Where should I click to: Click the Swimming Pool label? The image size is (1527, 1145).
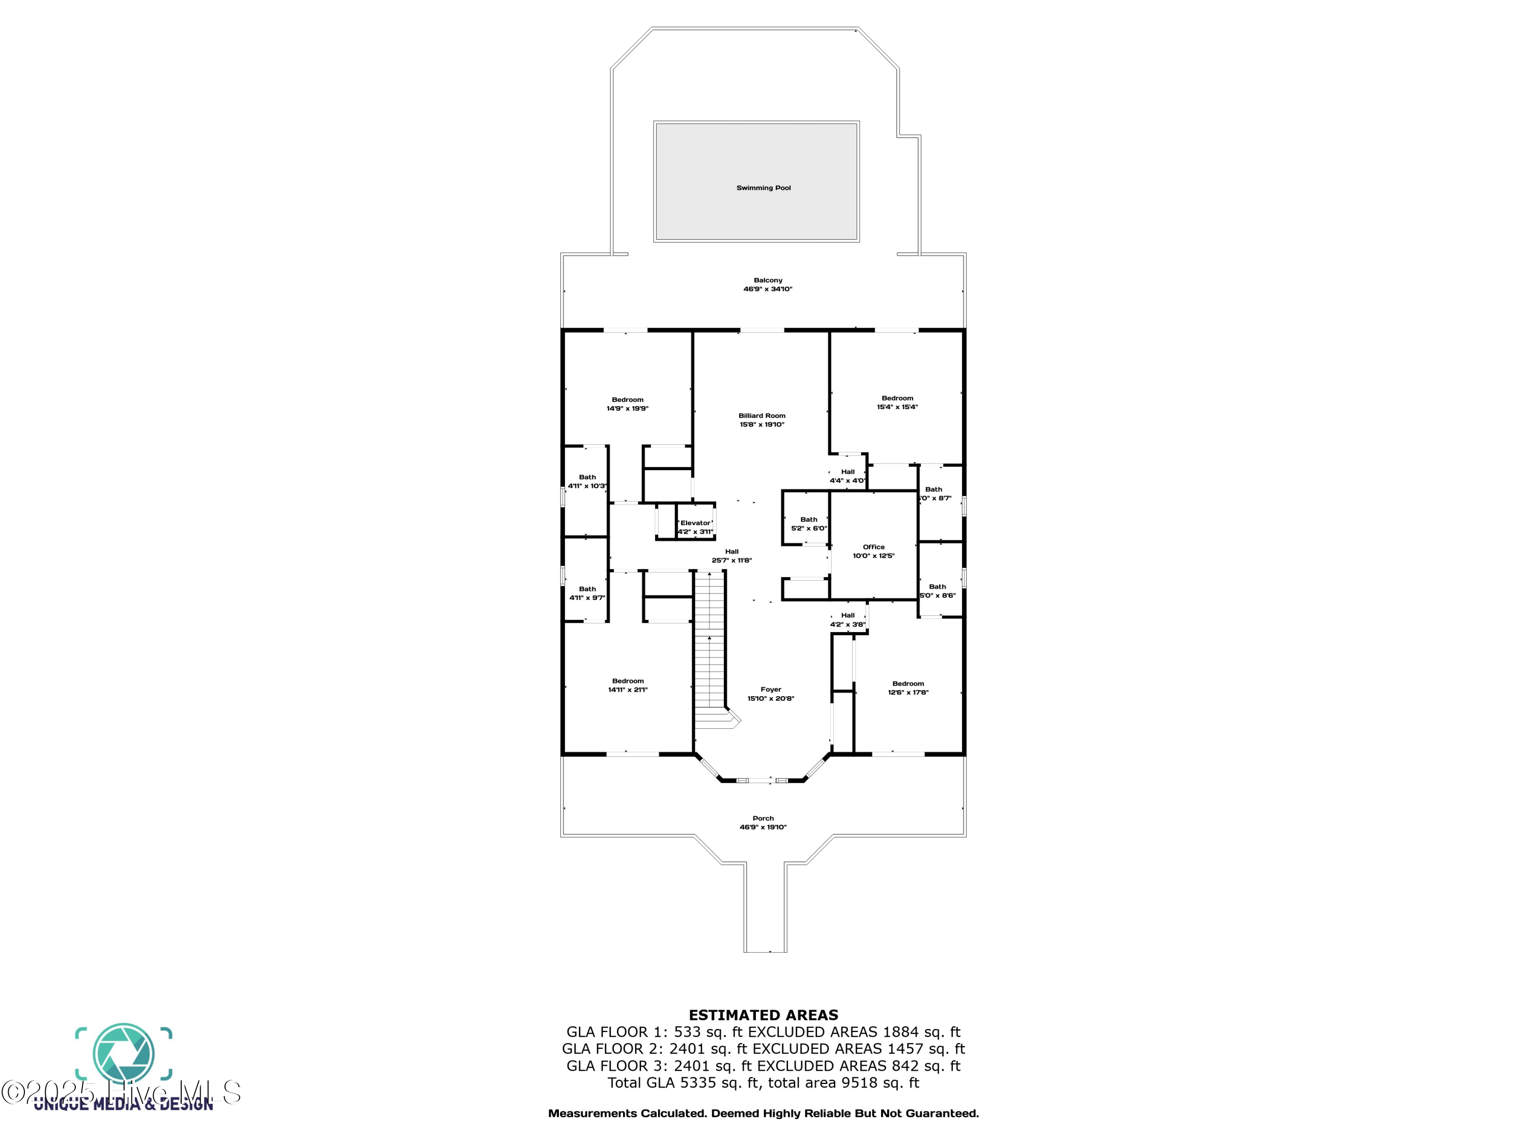[x=763, y=188]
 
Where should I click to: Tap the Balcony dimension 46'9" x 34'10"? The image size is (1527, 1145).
[x=768, y=289]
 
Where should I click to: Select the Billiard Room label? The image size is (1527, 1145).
[x=761, y=415]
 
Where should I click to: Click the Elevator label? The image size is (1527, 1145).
[x=695, y=523]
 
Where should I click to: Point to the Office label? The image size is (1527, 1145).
[x=873, y=547]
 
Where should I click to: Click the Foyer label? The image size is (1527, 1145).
[x=771, y=690]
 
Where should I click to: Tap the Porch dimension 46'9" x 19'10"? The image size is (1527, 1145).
[x=763, y=827]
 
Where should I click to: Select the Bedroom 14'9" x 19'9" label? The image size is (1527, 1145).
[x=628, y=399]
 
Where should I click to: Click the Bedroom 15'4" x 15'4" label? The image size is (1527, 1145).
[x=897, y=398]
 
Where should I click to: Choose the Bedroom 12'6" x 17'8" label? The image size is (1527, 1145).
[x=908, y=684]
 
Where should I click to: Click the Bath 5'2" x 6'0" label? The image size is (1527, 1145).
[x=808, y=520]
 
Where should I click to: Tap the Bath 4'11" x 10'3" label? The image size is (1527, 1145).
[x=587, y=477]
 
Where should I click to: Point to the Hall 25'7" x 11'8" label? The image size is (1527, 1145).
[x=732, y=552]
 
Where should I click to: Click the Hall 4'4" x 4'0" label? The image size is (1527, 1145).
[x=847, y=472]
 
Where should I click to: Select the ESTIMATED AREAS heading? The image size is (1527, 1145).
[x=763, y=1015]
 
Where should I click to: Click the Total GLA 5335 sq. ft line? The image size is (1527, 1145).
[x=763, y=1082]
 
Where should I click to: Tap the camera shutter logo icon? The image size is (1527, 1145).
[x=124, y=1053]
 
